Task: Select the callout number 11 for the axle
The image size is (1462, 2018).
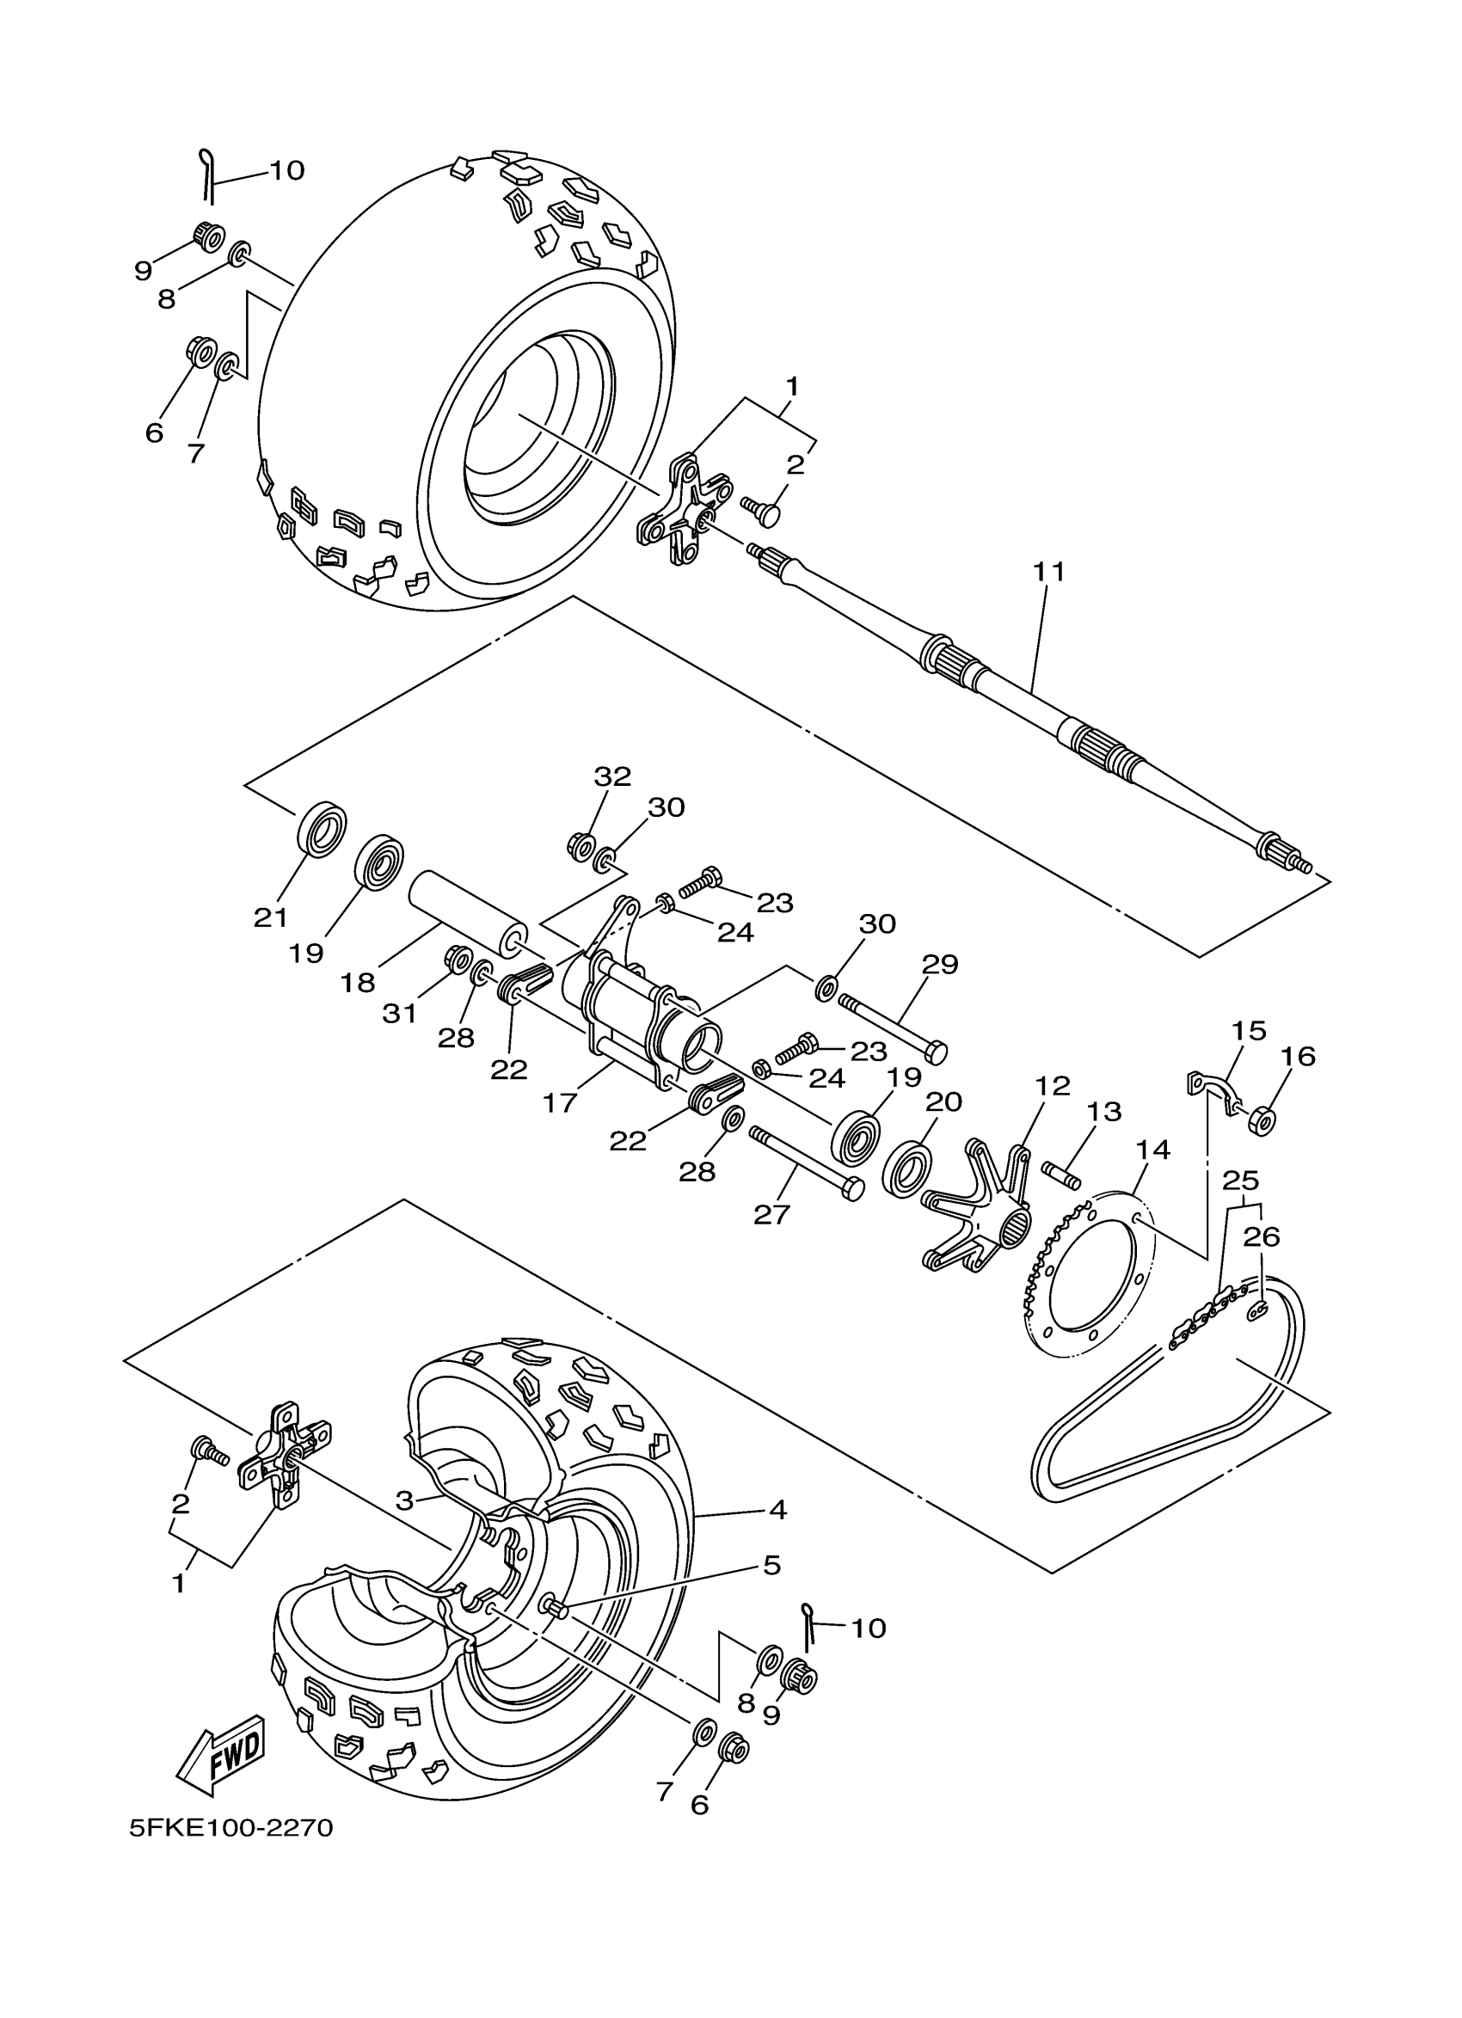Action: point(1049,571)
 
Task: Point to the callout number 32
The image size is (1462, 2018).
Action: point(612,776)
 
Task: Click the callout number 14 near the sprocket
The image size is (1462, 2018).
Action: point(1152,1150)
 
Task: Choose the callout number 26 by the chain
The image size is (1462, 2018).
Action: point(1262,1236)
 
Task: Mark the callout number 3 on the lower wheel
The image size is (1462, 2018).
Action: point(405,1501)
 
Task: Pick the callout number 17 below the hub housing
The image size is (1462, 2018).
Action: point(560,1103)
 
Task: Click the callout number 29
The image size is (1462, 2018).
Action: point(940,965)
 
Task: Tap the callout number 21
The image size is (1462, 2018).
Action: point(271,917)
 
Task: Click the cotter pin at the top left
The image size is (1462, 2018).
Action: point(207,174)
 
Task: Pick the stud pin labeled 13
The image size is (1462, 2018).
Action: point(1061,1175)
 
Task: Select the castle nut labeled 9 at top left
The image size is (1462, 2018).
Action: point(208,236)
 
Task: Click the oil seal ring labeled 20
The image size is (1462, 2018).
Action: point(907,1169)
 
